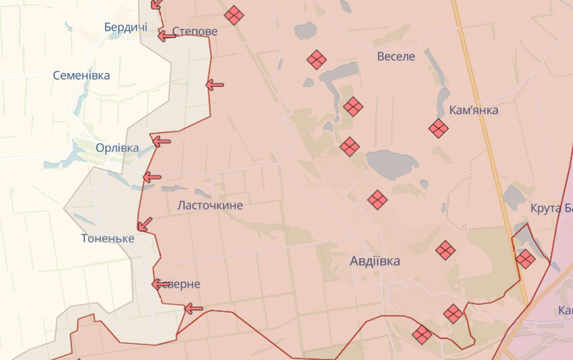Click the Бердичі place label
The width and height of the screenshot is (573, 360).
(125, 27)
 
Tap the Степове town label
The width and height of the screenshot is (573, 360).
(194, 32)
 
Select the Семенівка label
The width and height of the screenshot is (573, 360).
(81, 75)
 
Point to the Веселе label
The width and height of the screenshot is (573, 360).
(395, 56)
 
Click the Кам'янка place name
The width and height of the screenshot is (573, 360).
(473, 109)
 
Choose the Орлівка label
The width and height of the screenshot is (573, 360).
(117, 148)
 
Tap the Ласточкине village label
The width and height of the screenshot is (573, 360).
(210, 205)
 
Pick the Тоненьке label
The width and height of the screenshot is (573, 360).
(107, 238)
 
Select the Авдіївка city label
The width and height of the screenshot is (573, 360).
(375, 261)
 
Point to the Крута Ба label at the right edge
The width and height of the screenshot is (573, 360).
(551, 208)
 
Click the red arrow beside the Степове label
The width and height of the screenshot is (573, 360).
(166, 35)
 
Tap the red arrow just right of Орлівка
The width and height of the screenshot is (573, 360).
(161, 141)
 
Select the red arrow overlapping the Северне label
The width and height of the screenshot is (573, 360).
(160, 283)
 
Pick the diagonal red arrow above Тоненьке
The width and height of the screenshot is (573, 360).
(145, 224)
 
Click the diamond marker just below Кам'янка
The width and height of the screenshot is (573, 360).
(438, 128)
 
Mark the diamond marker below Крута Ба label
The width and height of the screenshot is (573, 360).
(525, 259)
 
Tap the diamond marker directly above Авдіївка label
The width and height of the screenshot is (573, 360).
(377, 200)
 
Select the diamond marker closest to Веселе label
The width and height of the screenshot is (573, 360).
(317, 60)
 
